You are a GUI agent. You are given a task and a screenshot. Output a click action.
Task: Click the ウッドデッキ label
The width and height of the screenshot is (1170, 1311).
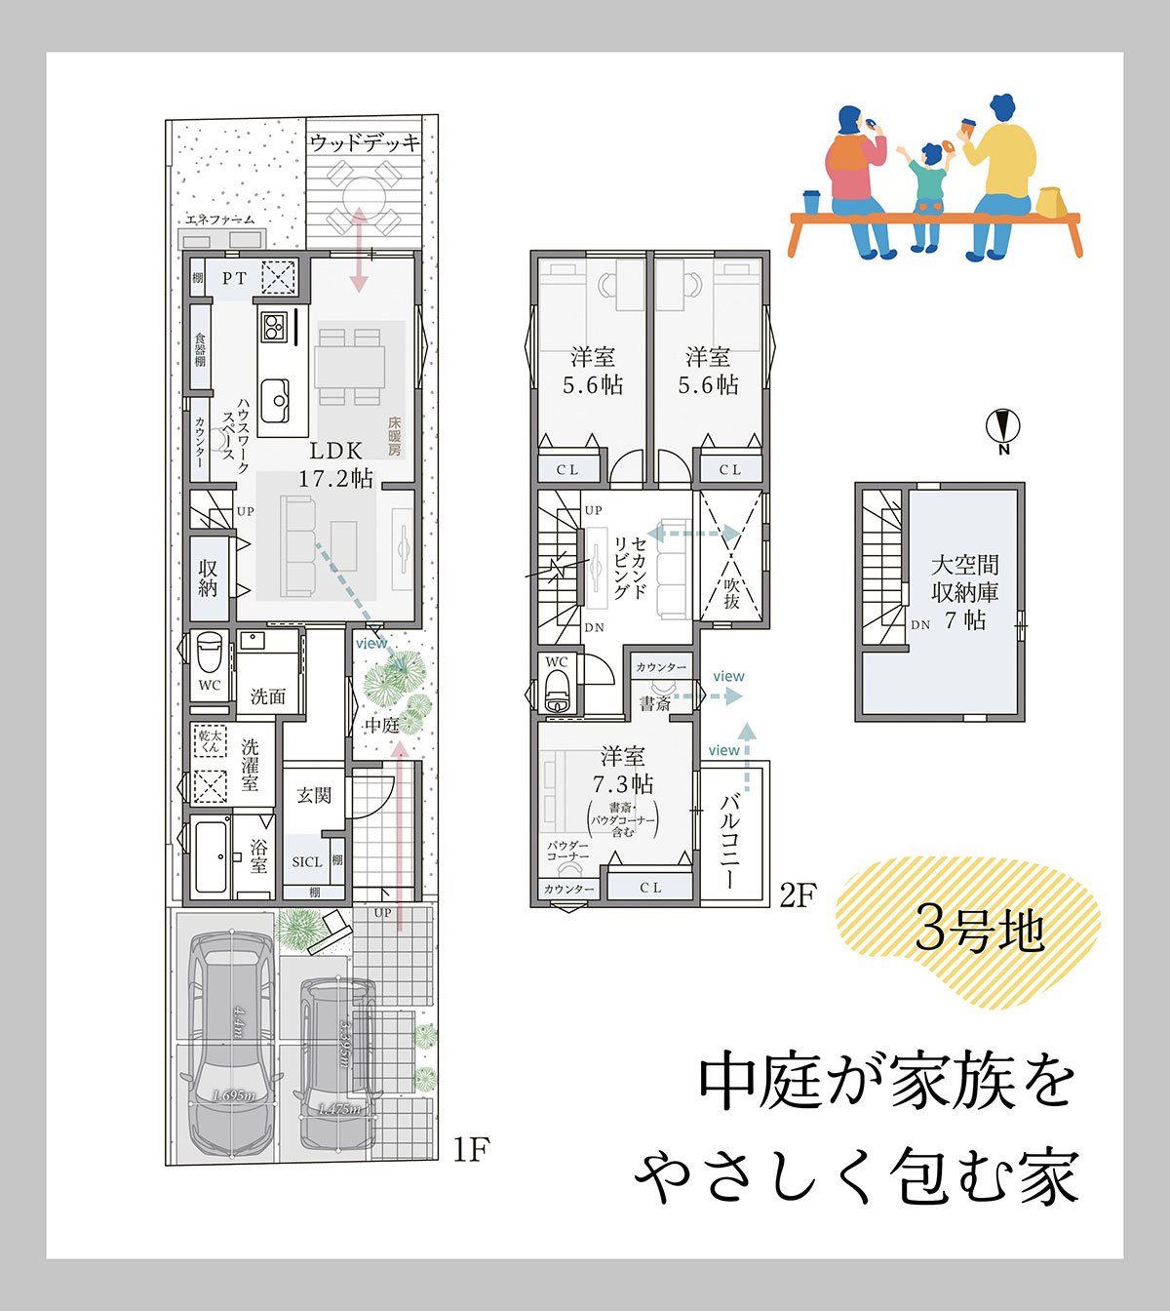(x=364, y=143)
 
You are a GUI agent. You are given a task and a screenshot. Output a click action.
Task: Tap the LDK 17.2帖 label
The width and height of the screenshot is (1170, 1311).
(x=335, y=464)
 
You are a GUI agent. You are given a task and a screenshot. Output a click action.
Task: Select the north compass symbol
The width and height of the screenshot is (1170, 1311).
(x=1002, y=428)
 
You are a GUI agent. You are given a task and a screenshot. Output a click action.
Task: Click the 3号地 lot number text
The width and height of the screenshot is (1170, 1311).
(x=979, y=930)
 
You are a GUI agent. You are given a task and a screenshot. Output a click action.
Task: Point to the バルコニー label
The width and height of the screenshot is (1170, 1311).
(x=729, y=840)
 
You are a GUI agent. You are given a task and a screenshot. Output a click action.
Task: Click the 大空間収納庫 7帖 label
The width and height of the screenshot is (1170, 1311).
(x=964, y=592)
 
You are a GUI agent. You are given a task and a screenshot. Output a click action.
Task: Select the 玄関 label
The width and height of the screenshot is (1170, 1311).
(x=314, y=796)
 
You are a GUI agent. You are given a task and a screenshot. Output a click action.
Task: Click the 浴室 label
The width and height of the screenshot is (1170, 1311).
(x=258, y=855)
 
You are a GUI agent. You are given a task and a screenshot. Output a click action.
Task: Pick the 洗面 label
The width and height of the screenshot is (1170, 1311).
(x=268, y=696)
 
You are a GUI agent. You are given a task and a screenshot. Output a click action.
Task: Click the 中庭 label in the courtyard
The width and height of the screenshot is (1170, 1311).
(x=381, y=726)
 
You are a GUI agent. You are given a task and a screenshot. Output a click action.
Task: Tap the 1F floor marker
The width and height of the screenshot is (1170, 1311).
(x=470, y=1150)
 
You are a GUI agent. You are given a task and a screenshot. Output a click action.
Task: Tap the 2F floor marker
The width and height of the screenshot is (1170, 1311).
(x=797, y=895)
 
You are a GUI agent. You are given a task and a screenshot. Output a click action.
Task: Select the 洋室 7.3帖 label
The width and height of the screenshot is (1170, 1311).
(x=622, y=771)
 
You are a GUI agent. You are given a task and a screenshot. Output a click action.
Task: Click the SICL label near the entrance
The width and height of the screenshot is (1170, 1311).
(x=306, y=862)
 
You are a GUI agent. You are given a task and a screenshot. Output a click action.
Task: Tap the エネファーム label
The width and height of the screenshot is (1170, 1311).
(x=219, y=220)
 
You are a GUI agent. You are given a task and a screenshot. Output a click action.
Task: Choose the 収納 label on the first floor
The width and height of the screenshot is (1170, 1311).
(x=208, y=577)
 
